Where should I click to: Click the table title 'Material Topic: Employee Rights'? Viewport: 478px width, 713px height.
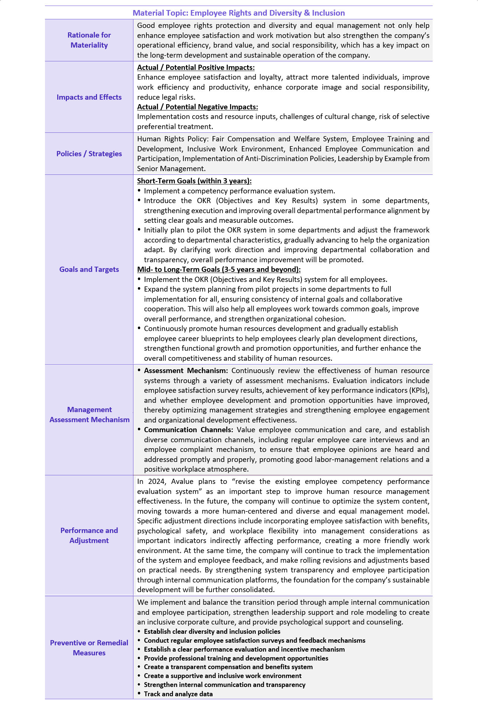click(x=239, y=13)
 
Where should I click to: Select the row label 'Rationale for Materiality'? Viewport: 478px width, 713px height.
click(x=89, y=40)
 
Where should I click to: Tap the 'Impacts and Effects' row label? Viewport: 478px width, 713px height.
click(x=89, y=97)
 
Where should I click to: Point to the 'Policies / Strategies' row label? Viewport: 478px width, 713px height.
click(x=89, y=154)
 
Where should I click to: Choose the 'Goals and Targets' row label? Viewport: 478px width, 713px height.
click(x=89, y=269)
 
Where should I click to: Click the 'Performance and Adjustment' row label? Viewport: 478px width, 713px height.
click(x=89, y=535)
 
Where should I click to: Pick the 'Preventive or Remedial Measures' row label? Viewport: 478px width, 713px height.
click(x=89, y=648)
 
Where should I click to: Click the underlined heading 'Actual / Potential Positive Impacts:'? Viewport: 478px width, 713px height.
click(x=196, y=67)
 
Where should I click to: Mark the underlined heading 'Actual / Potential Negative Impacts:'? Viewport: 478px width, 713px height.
click(x=197, y=107)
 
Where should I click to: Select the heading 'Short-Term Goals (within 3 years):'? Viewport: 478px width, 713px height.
click(x=194, y=181)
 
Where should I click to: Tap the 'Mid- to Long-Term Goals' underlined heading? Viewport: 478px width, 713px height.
click(x=219, y=269)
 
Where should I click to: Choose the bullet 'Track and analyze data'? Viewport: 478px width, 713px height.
click(x=178, y=694)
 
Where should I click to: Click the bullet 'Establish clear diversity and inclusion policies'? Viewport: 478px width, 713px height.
click(x=212, y=631)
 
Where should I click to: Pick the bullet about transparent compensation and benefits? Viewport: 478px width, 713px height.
click(x=228, y=667)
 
